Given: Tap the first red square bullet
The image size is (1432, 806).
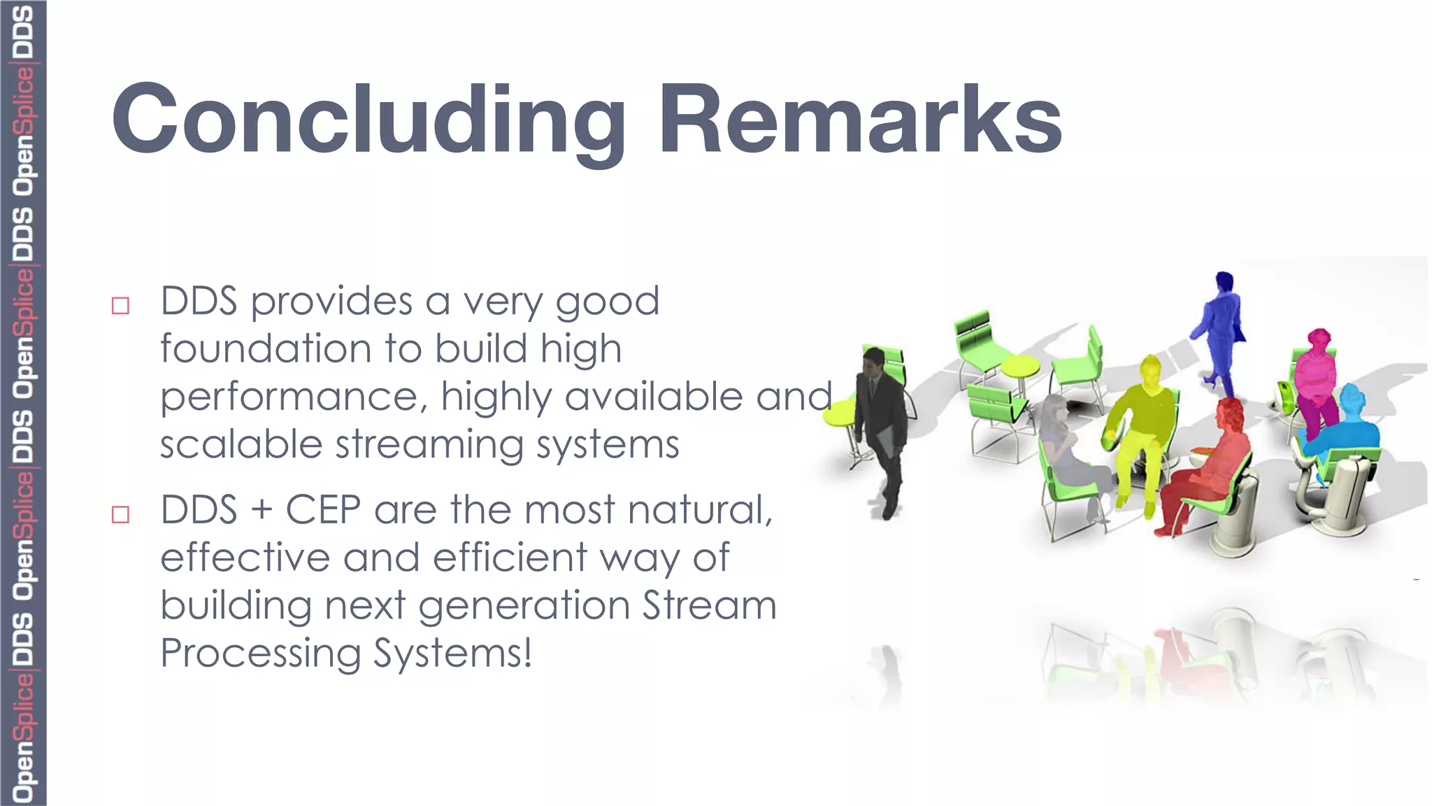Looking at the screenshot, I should point(121,306).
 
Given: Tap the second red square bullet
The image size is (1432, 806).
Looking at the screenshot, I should point(121,515).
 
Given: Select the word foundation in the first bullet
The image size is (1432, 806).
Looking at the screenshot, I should point(266,348).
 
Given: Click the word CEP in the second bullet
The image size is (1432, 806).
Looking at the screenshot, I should point(323,509).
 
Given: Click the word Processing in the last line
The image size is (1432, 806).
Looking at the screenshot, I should point(260,653).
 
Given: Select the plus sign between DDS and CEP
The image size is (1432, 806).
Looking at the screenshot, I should point(262,510).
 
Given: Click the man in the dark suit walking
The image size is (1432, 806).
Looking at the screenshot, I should point(881,427).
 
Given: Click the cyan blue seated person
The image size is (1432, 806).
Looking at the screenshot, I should point(1346,427).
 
